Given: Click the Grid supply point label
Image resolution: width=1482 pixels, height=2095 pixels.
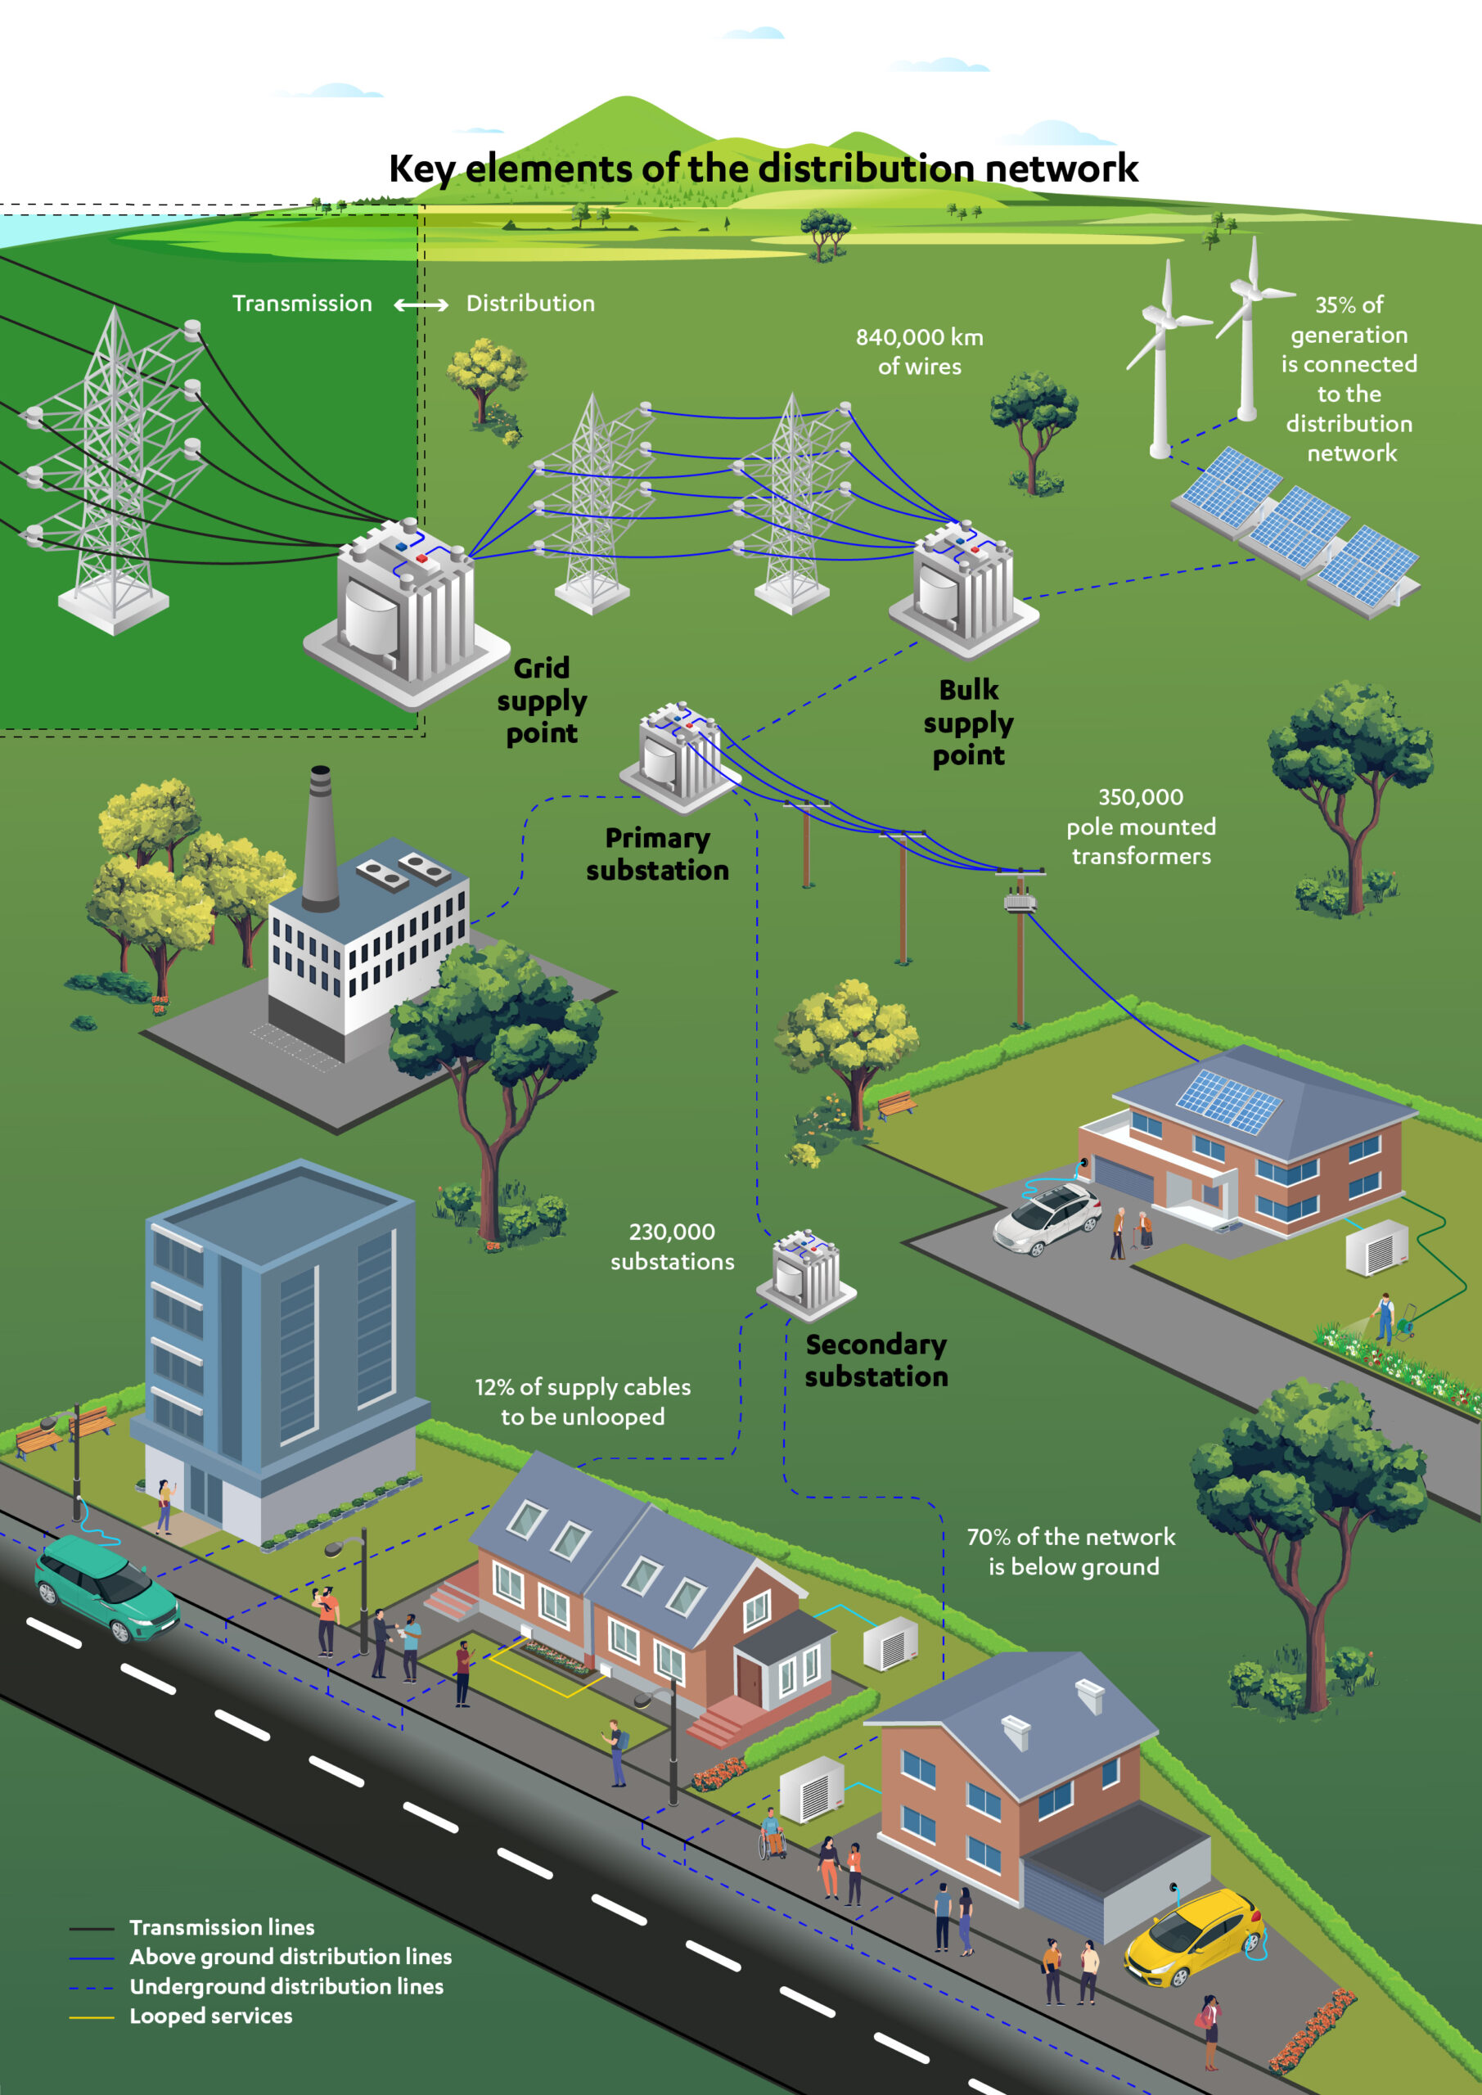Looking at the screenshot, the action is (541, 701).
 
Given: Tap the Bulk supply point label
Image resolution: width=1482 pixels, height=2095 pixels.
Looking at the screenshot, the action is (968, 723).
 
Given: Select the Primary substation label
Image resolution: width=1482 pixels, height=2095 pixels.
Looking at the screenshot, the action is (657, 854).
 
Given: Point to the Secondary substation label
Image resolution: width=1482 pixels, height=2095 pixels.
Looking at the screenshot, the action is (876, 1360).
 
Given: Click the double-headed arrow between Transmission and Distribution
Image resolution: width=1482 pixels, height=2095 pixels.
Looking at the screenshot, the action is (421, 304).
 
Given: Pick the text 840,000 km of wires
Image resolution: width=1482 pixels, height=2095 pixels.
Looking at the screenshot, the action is (920, 351).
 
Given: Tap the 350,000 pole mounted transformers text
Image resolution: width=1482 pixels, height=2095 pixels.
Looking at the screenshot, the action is (1141, 826).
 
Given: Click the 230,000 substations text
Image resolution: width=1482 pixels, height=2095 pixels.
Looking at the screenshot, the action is (673, 1246).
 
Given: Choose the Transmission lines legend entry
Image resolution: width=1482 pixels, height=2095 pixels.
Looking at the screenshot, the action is (191, 1927).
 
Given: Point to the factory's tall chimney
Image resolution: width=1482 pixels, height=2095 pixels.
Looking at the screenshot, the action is (319, 840).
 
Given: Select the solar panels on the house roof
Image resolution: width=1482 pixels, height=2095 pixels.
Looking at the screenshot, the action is (1228, 1102).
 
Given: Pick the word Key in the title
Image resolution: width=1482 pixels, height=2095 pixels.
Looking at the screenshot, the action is (421, 169).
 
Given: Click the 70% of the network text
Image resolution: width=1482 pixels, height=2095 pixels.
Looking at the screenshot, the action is (1071, 1537).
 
